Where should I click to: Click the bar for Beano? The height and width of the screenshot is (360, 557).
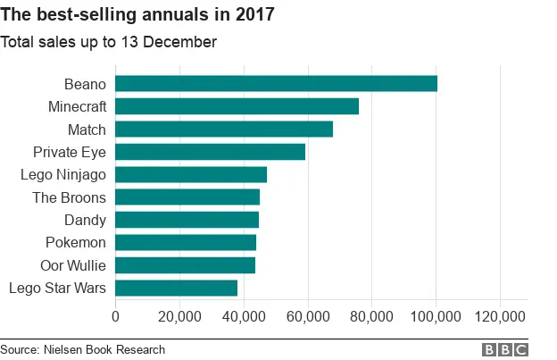276,84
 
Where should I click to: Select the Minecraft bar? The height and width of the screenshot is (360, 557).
237,106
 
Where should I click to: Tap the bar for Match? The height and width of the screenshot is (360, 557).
224,130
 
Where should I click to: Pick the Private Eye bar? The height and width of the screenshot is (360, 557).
210,152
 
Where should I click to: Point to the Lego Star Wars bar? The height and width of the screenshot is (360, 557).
176,288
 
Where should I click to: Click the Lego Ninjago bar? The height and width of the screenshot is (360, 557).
191,174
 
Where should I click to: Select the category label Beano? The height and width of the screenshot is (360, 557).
85,84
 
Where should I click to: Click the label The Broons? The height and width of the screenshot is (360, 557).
69,197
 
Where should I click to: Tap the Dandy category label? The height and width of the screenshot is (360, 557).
85,220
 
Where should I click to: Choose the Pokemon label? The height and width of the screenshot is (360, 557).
76,242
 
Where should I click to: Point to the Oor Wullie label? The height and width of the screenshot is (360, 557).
73,265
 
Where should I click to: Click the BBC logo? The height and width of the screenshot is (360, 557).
505,350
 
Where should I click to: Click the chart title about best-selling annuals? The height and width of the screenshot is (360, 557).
137,15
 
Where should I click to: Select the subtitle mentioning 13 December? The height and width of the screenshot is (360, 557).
108,42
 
